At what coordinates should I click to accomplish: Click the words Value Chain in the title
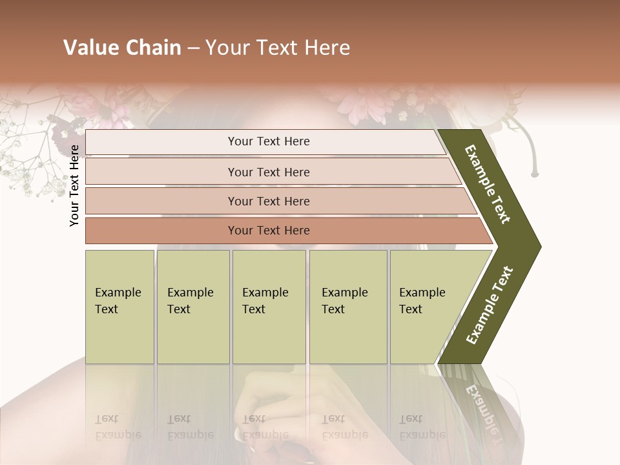coord(122,48)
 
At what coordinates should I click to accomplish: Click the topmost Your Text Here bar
coord(269,141)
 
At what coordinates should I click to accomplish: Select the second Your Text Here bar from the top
coord(269,172)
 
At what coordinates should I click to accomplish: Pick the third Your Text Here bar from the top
coord(269,201)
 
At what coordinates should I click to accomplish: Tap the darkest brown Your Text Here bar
coord(269,231)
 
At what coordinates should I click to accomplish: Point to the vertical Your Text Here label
coord(74,185)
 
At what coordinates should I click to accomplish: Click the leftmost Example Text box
coord(119,306)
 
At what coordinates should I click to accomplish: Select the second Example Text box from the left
coord(192,306)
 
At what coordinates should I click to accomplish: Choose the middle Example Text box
coord(269,306)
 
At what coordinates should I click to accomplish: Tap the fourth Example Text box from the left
coord(347,306)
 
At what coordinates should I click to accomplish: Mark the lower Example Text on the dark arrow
coord(490,305)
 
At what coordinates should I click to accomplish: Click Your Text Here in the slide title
coord(278,48)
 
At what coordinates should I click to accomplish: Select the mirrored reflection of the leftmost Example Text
coord(119,427)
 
